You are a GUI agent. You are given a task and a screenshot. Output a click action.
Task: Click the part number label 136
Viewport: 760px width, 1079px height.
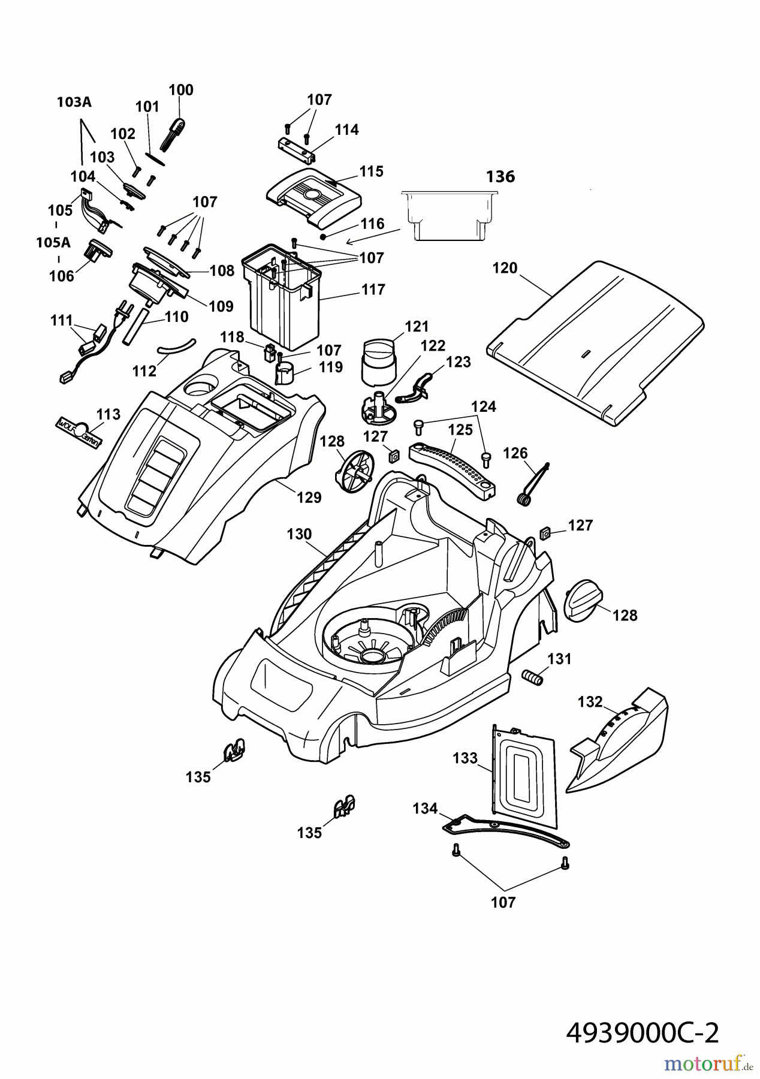coord(500,177)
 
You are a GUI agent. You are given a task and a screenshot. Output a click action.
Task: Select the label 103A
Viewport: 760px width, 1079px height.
coord(74,102)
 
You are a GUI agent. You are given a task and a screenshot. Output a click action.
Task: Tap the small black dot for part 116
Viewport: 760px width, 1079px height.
coord(323,236)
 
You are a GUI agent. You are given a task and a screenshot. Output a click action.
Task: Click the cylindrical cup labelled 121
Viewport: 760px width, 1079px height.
coord(378,360)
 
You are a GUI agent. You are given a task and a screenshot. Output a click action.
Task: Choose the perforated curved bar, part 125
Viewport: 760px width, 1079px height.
coord(456,464)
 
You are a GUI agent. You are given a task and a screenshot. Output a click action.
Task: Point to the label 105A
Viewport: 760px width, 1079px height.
coord(53,242)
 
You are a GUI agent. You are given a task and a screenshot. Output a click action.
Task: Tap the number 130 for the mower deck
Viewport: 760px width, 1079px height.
coord(299,534)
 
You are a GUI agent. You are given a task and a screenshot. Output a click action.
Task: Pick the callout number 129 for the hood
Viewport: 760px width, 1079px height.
coord(310,497)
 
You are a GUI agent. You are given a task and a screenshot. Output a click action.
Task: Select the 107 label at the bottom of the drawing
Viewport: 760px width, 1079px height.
coord(503,902)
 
